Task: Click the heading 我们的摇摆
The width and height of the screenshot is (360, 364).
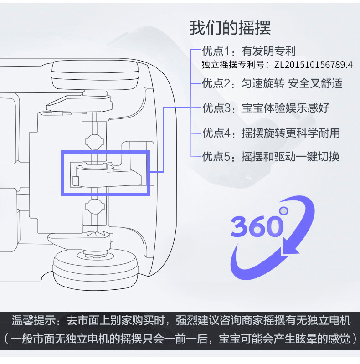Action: (230, 28)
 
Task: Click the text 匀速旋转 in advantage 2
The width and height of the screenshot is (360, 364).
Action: (262, 83)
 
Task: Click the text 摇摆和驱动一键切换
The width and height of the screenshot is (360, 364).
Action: (290, 157)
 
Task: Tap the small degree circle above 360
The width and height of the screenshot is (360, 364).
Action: (284, 210)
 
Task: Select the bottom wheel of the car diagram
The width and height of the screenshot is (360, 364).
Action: (96, 266)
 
